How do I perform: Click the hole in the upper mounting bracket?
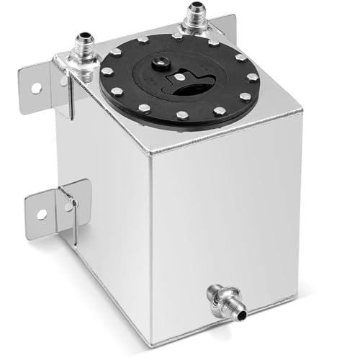point(34,87)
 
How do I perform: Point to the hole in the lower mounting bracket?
point(41,213)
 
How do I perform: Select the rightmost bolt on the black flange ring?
point(253,77)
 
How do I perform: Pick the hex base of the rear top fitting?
point(195,29)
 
